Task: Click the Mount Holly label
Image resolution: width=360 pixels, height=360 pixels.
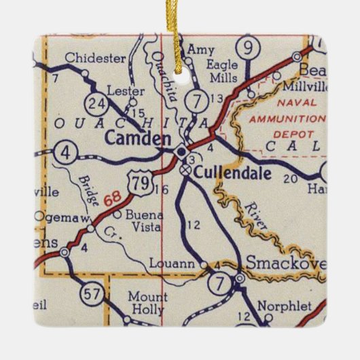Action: click(x=147, y=304)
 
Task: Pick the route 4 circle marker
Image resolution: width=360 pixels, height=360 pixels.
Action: click(x=65, y=150)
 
